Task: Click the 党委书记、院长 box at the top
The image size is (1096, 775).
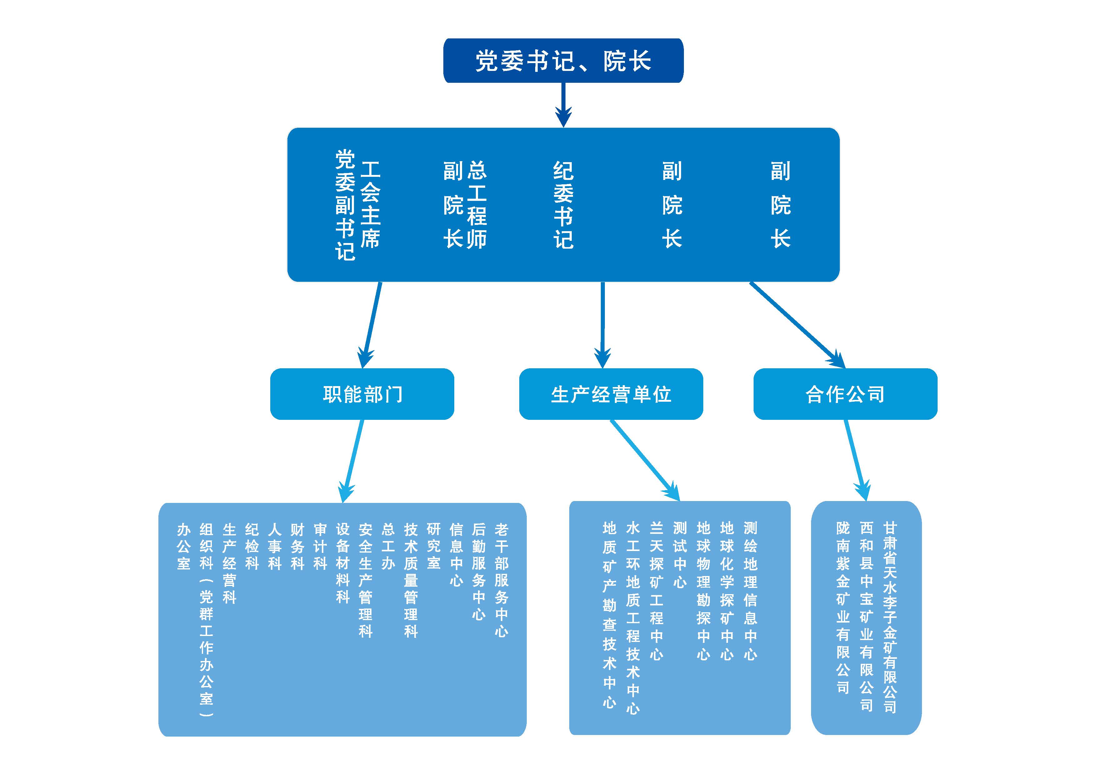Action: pos(563,61)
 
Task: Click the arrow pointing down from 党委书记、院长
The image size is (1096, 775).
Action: pos(563,105)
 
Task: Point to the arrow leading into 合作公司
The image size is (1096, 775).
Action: pos(797,325)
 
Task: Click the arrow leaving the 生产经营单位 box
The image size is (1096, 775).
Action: pos(645,460)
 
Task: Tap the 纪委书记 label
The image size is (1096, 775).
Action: pos(563,205)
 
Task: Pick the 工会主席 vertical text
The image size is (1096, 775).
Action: pos(371,205)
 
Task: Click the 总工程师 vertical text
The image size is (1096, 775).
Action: pos(477,205)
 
